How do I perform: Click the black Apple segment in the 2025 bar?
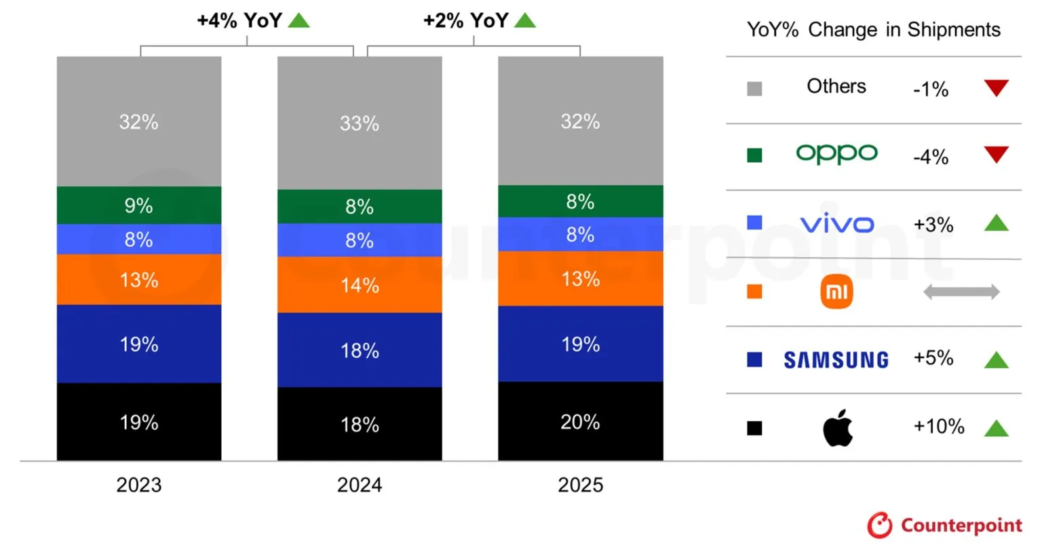580,421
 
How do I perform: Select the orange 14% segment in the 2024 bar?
360,285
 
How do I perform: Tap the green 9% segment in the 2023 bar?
139,205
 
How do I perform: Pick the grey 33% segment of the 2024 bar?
360,123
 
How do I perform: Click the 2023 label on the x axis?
139,485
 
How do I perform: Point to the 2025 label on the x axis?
580,485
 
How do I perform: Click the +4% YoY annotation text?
239,20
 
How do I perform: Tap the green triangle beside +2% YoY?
525,20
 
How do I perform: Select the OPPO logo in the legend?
836,154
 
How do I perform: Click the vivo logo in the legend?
836,224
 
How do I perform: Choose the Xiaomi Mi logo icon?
836,292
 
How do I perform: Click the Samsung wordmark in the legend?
836,359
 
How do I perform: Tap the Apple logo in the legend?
837,427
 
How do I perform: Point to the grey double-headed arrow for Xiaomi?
961,292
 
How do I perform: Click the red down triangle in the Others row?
996,88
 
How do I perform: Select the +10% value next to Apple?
938,426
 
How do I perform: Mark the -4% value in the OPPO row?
931,157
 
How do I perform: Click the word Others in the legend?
836,86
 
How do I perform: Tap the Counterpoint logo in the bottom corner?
944,526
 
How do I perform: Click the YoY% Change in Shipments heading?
873,30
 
